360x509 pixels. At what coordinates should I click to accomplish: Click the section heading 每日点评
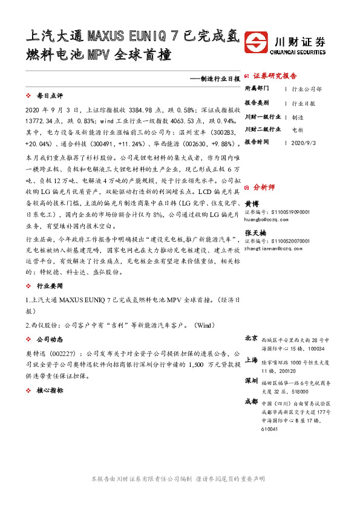pyautogui.click(x=50, y=96)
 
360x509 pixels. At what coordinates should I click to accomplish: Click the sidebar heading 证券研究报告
pyautogui.click(x=275, y=76)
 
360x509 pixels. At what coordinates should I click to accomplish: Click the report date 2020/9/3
pyautogui.click(x=304, y=143)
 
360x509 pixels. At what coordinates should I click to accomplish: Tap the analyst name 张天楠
pyautogui.click(x=254, y=233)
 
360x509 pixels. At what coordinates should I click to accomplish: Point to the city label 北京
pyautogui.click(x=251, y=338)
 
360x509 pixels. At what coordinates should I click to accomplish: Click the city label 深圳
pyautogui.click(x=251, y=381)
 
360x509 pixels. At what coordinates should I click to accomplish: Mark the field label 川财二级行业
pyautogui.click(x=263, y=129)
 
